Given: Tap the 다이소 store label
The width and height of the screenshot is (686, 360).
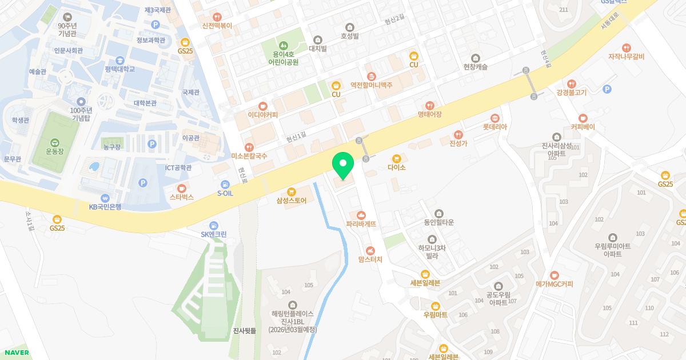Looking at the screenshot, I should pos(396,167).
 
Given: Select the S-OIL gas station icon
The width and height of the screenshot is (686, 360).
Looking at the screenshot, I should pos(225,185).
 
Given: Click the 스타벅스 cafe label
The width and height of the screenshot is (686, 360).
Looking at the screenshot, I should pos(182,197).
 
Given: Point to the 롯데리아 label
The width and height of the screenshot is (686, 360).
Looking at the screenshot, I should pos(494,127).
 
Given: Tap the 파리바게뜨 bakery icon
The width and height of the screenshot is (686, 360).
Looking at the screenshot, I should pos(361,215).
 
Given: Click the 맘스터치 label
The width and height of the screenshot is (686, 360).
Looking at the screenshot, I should pos(370,259).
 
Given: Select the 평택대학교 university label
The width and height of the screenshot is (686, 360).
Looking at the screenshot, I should pos(120,69).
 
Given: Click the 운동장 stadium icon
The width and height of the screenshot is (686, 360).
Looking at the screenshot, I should pos(54,143).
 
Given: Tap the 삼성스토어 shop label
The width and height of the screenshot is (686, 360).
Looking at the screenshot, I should pos(292,201).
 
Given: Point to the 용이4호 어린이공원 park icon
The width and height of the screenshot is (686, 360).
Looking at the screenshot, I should pos(283,45).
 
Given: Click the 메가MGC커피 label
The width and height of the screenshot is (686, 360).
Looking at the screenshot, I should pos(554,284).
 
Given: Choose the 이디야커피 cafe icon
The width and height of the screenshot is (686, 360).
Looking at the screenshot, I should pos(263,106).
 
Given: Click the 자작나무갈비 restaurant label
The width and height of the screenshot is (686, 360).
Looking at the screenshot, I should pos(626,57).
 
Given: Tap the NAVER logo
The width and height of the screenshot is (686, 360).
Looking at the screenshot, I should pos(15,353).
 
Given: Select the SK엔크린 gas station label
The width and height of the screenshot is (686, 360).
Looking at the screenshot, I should pos(214,234).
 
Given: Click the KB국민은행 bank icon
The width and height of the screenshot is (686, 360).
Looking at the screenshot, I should pos(105,198).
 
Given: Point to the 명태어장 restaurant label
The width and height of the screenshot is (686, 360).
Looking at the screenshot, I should pos(430,114).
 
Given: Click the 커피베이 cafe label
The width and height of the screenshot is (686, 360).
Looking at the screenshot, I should pos(583,127).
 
